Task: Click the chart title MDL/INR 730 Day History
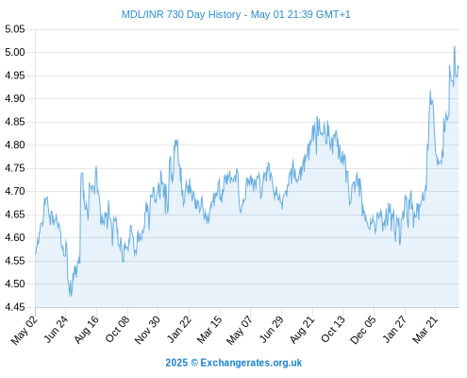(x=181, y=14)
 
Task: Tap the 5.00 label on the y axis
(x=14, y=52)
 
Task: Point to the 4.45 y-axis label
(x=14, y=307)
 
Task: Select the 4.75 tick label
(x=14, y=168)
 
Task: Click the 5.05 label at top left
(x=14, y=29)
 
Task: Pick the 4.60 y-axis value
(x=14, y=237)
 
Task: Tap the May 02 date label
(x=25, y=330)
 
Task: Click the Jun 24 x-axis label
(x=56, y=329)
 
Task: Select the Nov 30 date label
(x=147, y=330)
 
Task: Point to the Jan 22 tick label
(x=178, y=329)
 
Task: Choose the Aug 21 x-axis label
(x=302, y=330)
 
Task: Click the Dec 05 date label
(x=363, y=330)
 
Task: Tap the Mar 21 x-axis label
(x=425, y=330)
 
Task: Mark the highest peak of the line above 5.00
(x=455, y=46)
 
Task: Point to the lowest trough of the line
(x=71, y=296)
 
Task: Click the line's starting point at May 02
(x=36, y=253)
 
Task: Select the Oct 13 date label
(x=333, y=330)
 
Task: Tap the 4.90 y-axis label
(x=14, y=98)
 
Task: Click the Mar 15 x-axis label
(x=209, y=330)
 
